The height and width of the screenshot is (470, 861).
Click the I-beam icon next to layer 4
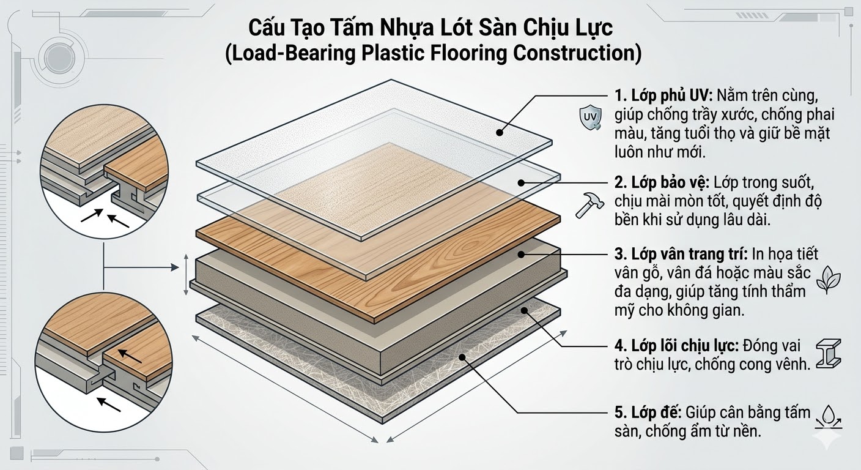point(832,354)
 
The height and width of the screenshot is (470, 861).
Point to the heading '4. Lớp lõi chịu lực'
point(676,345)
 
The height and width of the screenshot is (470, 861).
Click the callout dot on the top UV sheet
point(500,132)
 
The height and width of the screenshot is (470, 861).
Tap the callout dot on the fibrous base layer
point(464,356)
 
